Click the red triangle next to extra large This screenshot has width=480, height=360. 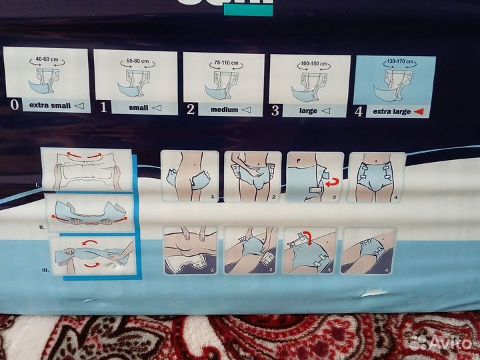(x=419, y=111)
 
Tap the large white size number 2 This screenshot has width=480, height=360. (x=191, y=109)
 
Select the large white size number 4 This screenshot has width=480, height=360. (x=359, y=111)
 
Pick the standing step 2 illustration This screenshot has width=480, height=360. (x=251, y=177)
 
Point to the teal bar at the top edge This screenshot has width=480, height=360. (x=248, y=9)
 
